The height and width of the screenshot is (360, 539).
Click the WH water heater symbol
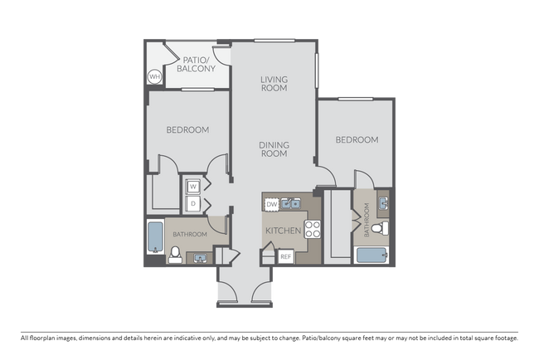coord(154,77)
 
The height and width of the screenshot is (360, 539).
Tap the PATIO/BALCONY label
coord(197,65)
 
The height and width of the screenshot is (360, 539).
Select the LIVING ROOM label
coord(274,83)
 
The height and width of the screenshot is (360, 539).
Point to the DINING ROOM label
coord(274,148)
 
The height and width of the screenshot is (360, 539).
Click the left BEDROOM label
coord(187,129)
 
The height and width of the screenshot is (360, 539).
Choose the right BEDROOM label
coord(357,140)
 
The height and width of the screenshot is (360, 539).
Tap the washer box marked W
coord(192,187)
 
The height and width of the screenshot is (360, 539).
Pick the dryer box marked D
coord(192,202)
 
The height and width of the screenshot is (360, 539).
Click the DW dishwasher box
coord(271,203)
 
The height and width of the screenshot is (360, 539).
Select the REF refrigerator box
coord(285,257)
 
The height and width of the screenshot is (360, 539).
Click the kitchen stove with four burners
coord(313,230)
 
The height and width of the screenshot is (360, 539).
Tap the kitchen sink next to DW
coord(290,202)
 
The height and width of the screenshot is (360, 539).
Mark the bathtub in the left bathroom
coord(155,238)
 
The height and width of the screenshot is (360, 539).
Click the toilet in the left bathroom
coord(175,255)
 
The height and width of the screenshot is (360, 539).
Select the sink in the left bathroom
coord(200,258)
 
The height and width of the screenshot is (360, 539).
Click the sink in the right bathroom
coord(382,201)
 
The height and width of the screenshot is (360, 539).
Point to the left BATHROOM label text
coord(189,235)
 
